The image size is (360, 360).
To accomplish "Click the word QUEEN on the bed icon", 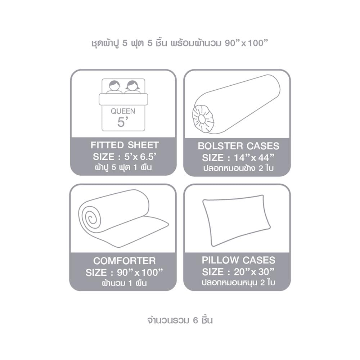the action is (123, 111).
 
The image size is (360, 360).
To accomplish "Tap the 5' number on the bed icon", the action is (122, 122).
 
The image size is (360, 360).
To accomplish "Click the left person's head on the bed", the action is (114, 86).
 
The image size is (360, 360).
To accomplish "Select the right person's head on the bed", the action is (132, 86).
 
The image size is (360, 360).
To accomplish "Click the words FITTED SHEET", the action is (125, 145).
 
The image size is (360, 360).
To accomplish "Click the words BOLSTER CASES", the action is (239, 146).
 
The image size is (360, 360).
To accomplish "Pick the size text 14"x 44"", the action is (254, 158).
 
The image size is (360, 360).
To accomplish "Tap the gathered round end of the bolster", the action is (203, 119).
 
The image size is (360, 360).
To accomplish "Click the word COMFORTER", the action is (125, 261).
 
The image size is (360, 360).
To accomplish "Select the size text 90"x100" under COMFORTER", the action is (140, 273).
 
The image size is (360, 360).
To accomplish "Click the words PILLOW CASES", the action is (239, 260).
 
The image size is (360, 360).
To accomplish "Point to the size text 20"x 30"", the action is (254, 272).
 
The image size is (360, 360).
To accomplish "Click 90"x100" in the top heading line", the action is (246, 43).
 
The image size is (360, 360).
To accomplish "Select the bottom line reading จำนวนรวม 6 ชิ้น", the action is (180, 320).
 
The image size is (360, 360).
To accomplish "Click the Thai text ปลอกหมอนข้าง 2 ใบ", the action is (239, 168).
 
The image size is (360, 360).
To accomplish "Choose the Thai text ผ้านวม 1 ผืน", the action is (125, 283).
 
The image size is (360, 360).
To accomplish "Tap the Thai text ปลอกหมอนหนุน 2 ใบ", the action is (239, 282).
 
